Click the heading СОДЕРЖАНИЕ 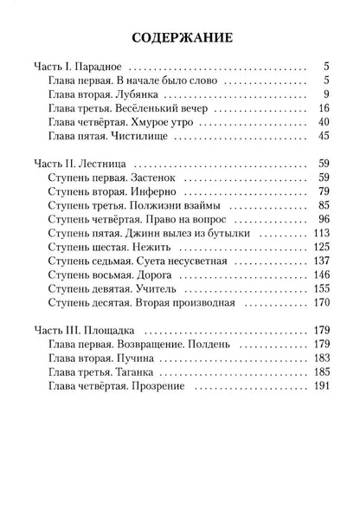(x=179, y=39)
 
